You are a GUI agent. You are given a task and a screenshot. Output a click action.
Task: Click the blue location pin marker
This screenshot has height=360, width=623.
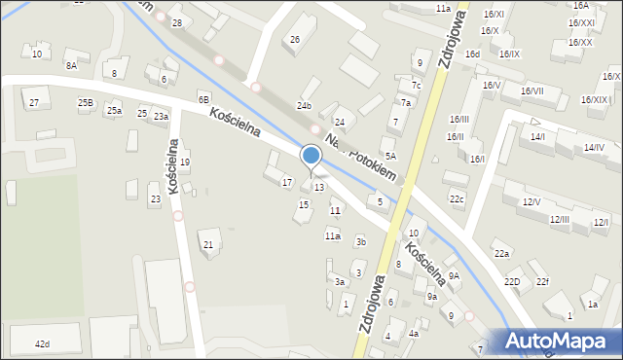(311, 157)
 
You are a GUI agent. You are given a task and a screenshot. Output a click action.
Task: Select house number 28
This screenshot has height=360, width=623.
(176, 22)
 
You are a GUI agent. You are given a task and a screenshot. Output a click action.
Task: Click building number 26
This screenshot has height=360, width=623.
(295, 39)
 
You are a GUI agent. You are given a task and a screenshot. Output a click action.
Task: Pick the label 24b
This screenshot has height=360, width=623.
(305, 105)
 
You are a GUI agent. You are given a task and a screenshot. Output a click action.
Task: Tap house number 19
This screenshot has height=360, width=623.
(184, 162)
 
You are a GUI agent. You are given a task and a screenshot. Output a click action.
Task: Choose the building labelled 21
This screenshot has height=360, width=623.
(208, 244)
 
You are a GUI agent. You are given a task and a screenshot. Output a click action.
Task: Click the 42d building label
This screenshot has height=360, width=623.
(42, 344)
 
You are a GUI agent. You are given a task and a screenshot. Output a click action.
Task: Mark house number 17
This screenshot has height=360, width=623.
(286, 182)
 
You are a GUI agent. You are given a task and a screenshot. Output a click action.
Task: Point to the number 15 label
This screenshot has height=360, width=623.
(304, 204)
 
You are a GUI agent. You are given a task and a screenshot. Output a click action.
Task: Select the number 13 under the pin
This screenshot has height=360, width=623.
(318, 187)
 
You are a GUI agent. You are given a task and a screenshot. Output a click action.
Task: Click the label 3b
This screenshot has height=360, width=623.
(360, 241)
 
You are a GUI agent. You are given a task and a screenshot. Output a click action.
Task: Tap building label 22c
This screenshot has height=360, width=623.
(457, 199)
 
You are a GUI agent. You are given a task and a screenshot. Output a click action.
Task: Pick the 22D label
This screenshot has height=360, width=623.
(512, 281)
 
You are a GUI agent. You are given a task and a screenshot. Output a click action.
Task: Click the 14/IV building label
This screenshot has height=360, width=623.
(594, 147)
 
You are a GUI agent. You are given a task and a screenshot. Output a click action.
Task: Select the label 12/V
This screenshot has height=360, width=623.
(531, 201)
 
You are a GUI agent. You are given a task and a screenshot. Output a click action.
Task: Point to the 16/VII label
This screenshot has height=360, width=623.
(532, 90)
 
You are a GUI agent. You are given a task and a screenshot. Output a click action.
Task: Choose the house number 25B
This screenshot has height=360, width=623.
(86, 102)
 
